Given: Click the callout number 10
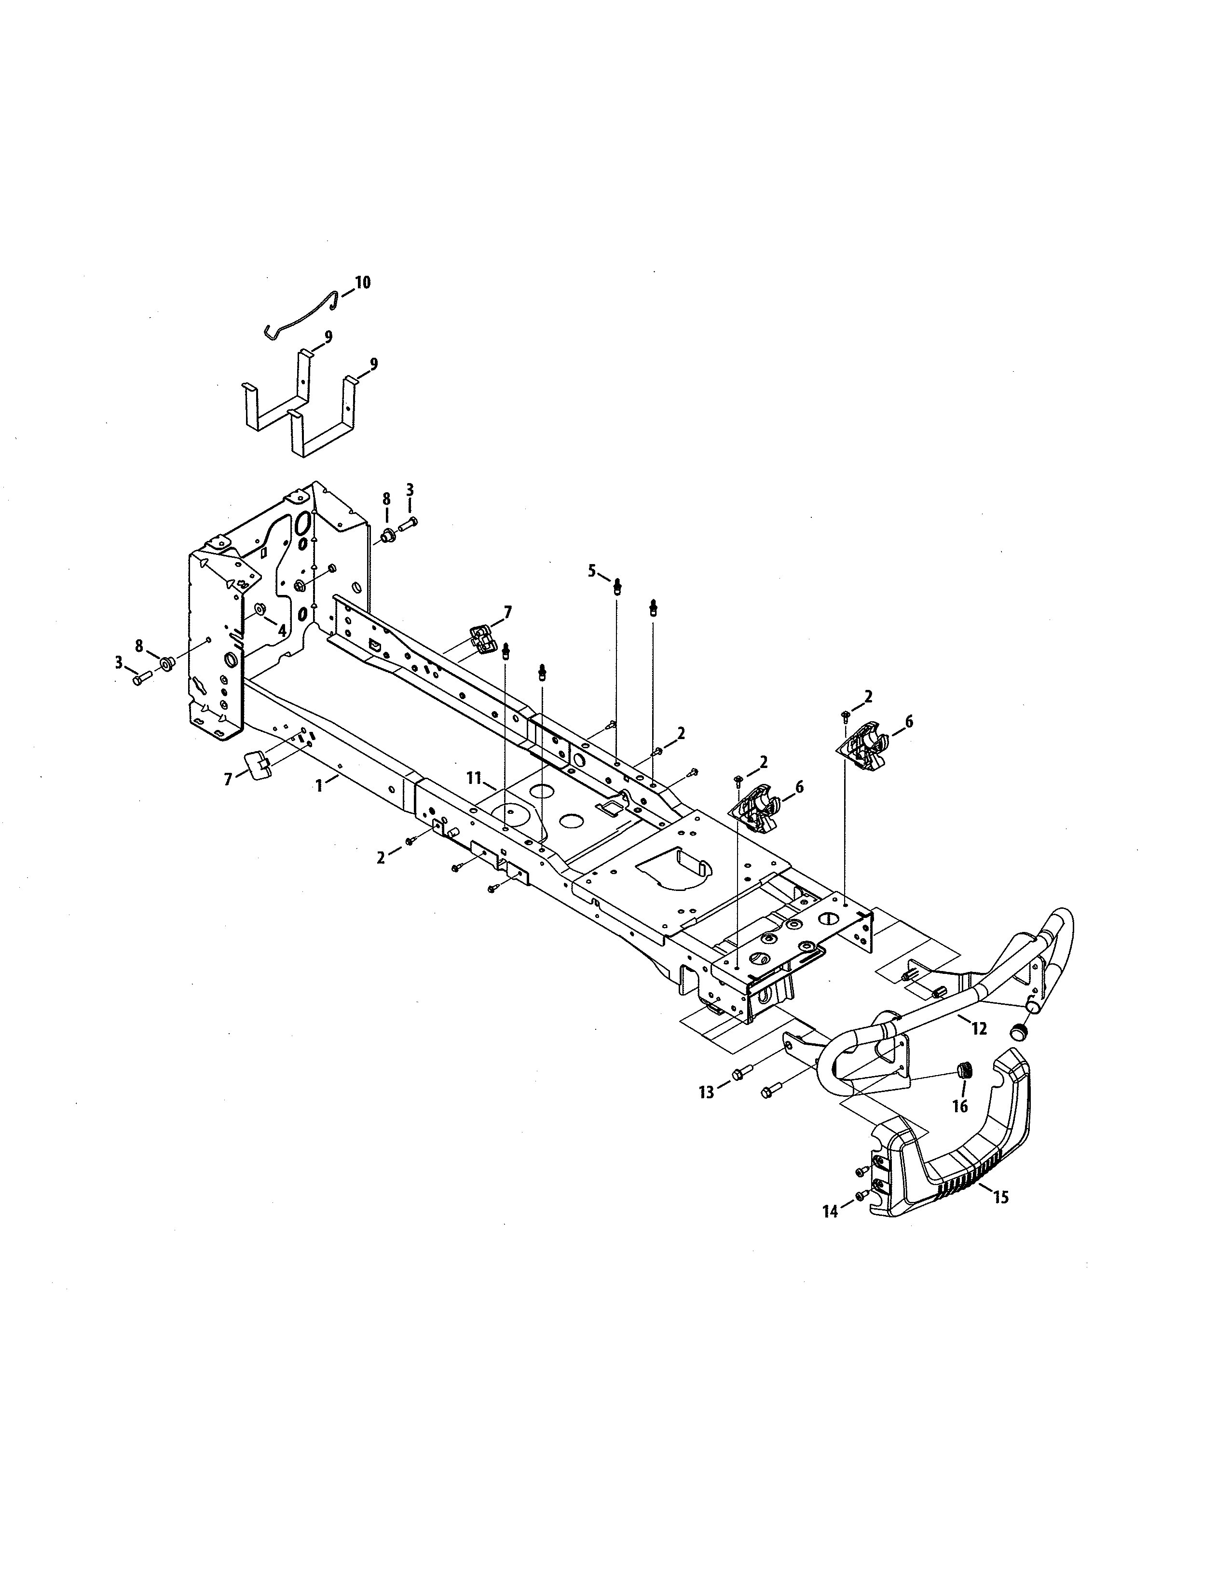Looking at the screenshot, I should coord(362,283).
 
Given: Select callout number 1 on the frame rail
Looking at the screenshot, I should coord(318,786).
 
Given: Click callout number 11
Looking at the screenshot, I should coord(474,779).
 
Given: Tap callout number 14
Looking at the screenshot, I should coord(831,1211).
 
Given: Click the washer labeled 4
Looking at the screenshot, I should coord(259,608).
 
